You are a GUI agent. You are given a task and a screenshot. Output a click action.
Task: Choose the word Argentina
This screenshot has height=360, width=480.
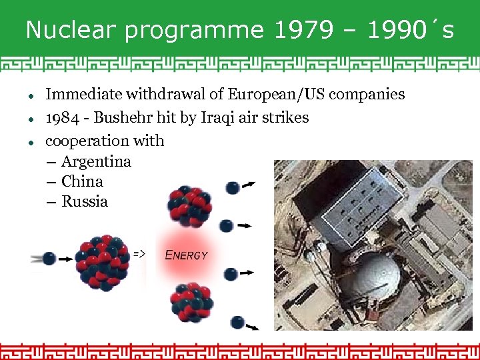(96, 162)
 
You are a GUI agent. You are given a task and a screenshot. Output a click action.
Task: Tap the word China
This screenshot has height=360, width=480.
(82, 181)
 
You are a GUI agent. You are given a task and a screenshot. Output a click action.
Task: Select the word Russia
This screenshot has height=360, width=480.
(85, 201)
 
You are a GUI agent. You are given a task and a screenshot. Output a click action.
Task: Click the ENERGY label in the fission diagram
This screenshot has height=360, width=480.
(186, 255)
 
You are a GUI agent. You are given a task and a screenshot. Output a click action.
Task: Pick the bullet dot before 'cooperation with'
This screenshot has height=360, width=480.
(31, 142)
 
